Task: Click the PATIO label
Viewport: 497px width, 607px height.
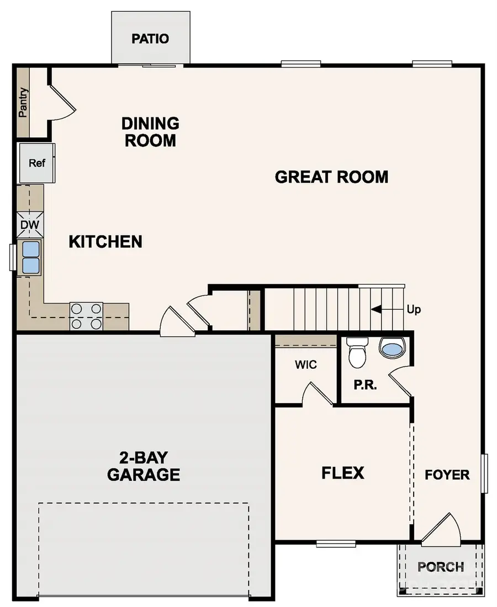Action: pyautogui.click(x=150, y=39)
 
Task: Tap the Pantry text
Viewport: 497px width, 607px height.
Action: pyautogui.click(x=23, y=103)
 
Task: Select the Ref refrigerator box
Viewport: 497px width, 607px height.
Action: pyautogui.click(x=36, y=163)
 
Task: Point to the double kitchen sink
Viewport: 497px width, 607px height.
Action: pyautogui.click(x=31, y=257)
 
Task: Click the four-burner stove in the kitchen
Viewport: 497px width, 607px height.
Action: pyautogui.click(x=86, y=316)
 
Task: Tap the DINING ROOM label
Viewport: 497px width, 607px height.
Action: pyautogui.click(x=150, y=131)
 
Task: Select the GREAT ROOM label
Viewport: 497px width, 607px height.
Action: pyautogui.click(x=331, y=177)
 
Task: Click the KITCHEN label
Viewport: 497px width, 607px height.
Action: pyautogui.click(x=105, y=241)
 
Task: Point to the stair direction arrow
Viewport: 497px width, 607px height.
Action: pyautogui.click(x=377, y=310)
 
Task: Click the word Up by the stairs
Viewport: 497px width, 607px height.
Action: pyautogui.click(x=414, y=310)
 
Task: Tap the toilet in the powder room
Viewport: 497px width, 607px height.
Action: pyautogui.click(x=357, y=353)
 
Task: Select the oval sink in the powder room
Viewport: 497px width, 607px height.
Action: pyautogui.click(x=392, y=347)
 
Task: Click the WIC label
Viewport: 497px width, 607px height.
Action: pyautogui.click(x=305, y=365)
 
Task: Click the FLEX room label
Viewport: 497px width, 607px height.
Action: pyautogui.click(x=342, y=473)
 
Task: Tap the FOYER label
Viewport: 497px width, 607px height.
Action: pyautogui.click(x=447, y=474)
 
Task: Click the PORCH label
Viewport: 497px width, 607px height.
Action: pyautogui.click(x=440, y=566)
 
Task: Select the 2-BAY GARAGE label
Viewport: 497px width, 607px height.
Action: pyautogui.click(x=144, y=466)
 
